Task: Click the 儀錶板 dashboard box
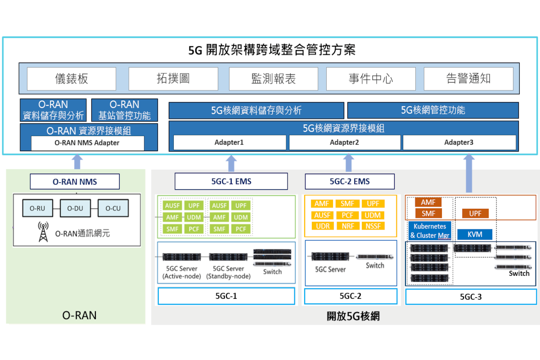72,79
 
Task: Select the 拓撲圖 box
173,79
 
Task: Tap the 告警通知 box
468,79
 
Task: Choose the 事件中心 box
371,79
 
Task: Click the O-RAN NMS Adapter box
87,143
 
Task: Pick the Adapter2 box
345,143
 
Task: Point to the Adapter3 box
459,143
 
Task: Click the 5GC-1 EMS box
231,181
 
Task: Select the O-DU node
75,208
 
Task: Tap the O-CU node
113,208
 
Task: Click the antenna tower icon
43,232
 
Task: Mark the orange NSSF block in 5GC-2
373,226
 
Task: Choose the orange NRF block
348,226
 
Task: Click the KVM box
475,234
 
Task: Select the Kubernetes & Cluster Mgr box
430,231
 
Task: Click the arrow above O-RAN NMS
77,162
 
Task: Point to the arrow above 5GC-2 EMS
349,163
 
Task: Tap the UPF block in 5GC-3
475,213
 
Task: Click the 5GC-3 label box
471,297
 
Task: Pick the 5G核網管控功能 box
433,110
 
